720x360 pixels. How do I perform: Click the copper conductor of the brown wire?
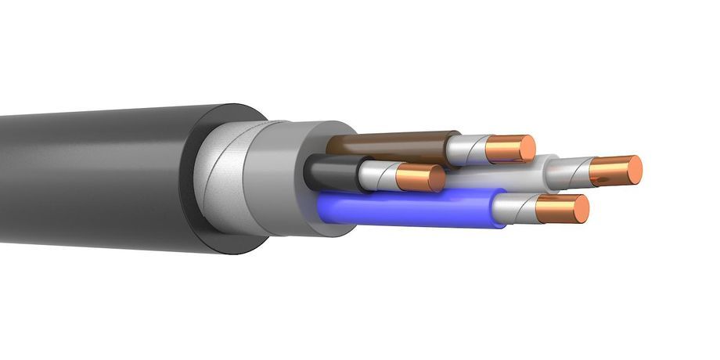(x=505, y=149)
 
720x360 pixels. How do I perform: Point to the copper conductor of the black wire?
(x=415, y=178)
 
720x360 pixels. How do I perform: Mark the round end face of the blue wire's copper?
(x=580, y=208)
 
